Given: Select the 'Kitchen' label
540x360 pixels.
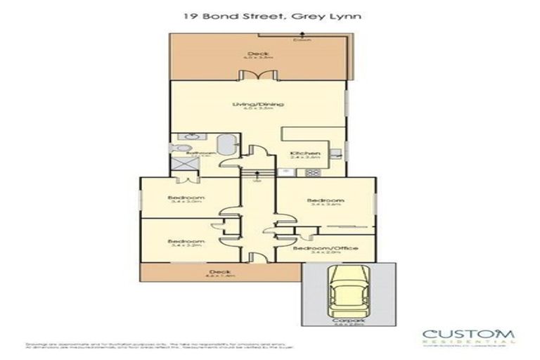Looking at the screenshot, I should pyautogui.click(x=306, y=154).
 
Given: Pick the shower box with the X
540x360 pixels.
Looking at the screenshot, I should pyautogui.click(x=184, y=166).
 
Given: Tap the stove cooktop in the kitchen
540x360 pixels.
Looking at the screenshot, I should pyautogui.click(x=335, y=154).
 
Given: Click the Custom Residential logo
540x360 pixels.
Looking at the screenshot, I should pyautogui.click(x=468, y=335).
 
